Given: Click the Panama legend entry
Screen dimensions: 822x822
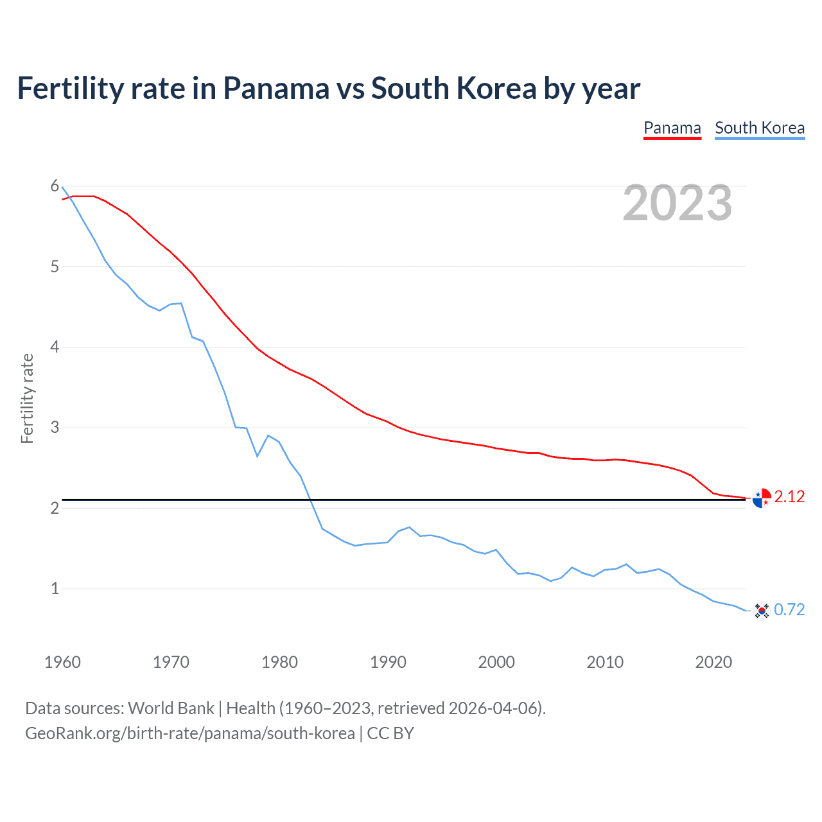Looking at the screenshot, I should point(672,128).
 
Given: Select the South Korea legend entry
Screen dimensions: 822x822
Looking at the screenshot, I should point(760,128).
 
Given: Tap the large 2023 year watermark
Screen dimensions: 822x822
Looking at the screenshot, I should point(677,203).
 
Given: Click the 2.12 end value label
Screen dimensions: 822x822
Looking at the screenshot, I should point(789,496).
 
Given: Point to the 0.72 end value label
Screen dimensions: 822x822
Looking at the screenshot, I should point(789,609).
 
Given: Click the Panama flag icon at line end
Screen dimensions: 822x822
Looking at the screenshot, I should point(762,498).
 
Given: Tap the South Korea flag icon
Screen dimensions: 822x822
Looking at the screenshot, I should point(762,610).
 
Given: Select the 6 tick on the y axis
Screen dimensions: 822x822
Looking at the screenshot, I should point(55,186).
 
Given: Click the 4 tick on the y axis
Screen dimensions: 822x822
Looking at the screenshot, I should point(55,347).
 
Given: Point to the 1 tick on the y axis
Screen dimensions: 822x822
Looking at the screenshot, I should point(55,588).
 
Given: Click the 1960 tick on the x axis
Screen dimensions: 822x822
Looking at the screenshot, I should point(62,662).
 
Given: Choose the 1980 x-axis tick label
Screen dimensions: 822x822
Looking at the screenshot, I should point(279,662).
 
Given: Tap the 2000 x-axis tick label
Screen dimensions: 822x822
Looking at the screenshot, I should point(496,662).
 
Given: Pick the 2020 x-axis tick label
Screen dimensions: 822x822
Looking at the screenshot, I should point(713,662).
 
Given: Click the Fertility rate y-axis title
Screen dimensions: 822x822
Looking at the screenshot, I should point(27,398).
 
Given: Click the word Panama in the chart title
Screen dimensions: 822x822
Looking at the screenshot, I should point(275,89).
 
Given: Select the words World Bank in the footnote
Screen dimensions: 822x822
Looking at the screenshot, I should point(171,708).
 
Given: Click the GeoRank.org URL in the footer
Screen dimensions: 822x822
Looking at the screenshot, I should point(189,733).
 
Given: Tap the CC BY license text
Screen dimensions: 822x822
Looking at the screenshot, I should point(390,733).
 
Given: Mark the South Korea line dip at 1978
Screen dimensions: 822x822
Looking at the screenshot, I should point(258,456).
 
